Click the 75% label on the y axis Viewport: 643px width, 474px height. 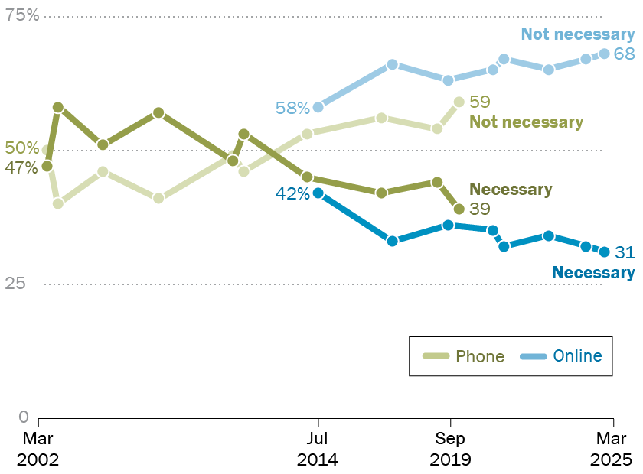(22, 15)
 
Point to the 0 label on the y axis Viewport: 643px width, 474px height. (23, 417)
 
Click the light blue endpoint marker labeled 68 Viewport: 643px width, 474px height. (604, 54)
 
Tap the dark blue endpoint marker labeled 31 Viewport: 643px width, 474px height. (604, 252)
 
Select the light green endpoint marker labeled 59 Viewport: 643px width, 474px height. (459, 102)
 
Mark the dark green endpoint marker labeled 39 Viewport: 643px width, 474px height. (459, 209)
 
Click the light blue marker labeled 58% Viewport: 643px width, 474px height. (318, 107)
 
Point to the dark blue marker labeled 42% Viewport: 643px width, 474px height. (318, 193)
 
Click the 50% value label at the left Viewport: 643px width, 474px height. (21, 148)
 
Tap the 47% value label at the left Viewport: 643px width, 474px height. (21, 167)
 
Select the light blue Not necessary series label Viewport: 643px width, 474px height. (578, 34)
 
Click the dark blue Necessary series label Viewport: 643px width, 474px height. (592, 273)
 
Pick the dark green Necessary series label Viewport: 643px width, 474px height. (511, 190)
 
